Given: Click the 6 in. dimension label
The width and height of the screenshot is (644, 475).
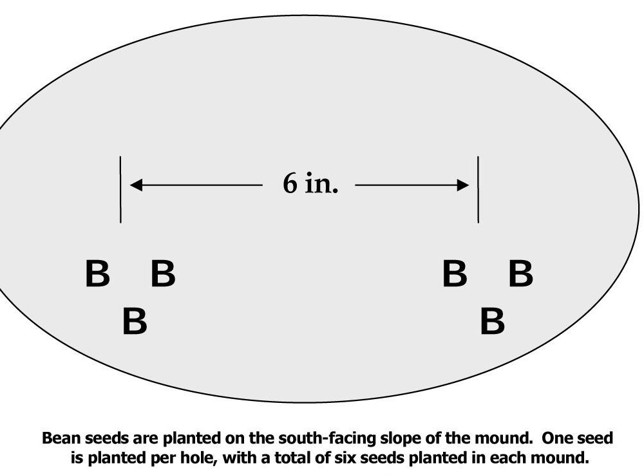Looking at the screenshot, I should click(x=310, y=185).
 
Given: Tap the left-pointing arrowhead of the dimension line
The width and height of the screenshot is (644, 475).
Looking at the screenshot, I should click(x=136, y=186).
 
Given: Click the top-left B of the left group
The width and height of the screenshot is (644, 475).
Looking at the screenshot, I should click(x=97, y=274).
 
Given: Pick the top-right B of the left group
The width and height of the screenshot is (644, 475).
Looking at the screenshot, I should click(x=163, y=274).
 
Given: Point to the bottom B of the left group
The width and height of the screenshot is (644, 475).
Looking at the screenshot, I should click(x=135, y=321).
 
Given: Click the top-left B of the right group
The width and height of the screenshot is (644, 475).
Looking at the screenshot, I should click(x=454, y=274).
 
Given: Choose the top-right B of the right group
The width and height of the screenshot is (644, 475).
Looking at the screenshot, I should click(x=520, y=274).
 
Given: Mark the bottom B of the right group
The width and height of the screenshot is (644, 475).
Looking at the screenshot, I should click(x=492, y=321).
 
